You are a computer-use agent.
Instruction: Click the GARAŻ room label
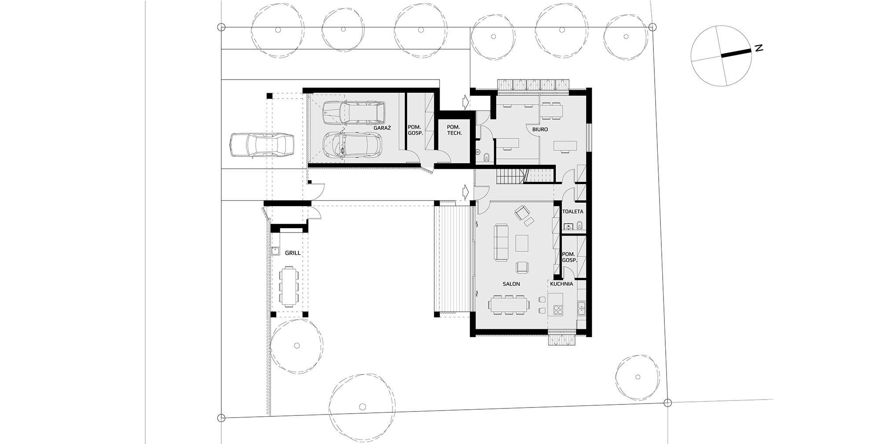click(x=382, y=127)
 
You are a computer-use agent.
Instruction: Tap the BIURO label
click(x=540, y=130)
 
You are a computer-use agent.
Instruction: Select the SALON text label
click(x=511, y=284)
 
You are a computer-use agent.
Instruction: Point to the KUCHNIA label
click(x=561, y=284)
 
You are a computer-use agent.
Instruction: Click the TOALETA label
click(x=572, y=211)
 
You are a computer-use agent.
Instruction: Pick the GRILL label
click(x=293, y=253)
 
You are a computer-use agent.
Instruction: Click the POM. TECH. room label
click(x=454, y=130)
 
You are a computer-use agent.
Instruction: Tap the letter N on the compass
click(x=758, y=48)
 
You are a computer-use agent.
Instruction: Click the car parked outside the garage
click(x=261, y=145)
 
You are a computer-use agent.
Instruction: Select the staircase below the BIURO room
click(x=524, y=176)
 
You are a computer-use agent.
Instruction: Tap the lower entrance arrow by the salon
click(x=465, y=192)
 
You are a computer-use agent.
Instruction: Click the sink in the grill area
click(x=276, y=251)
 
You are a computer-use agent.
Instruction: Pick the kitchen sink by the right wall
click(x=581, y=309)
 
